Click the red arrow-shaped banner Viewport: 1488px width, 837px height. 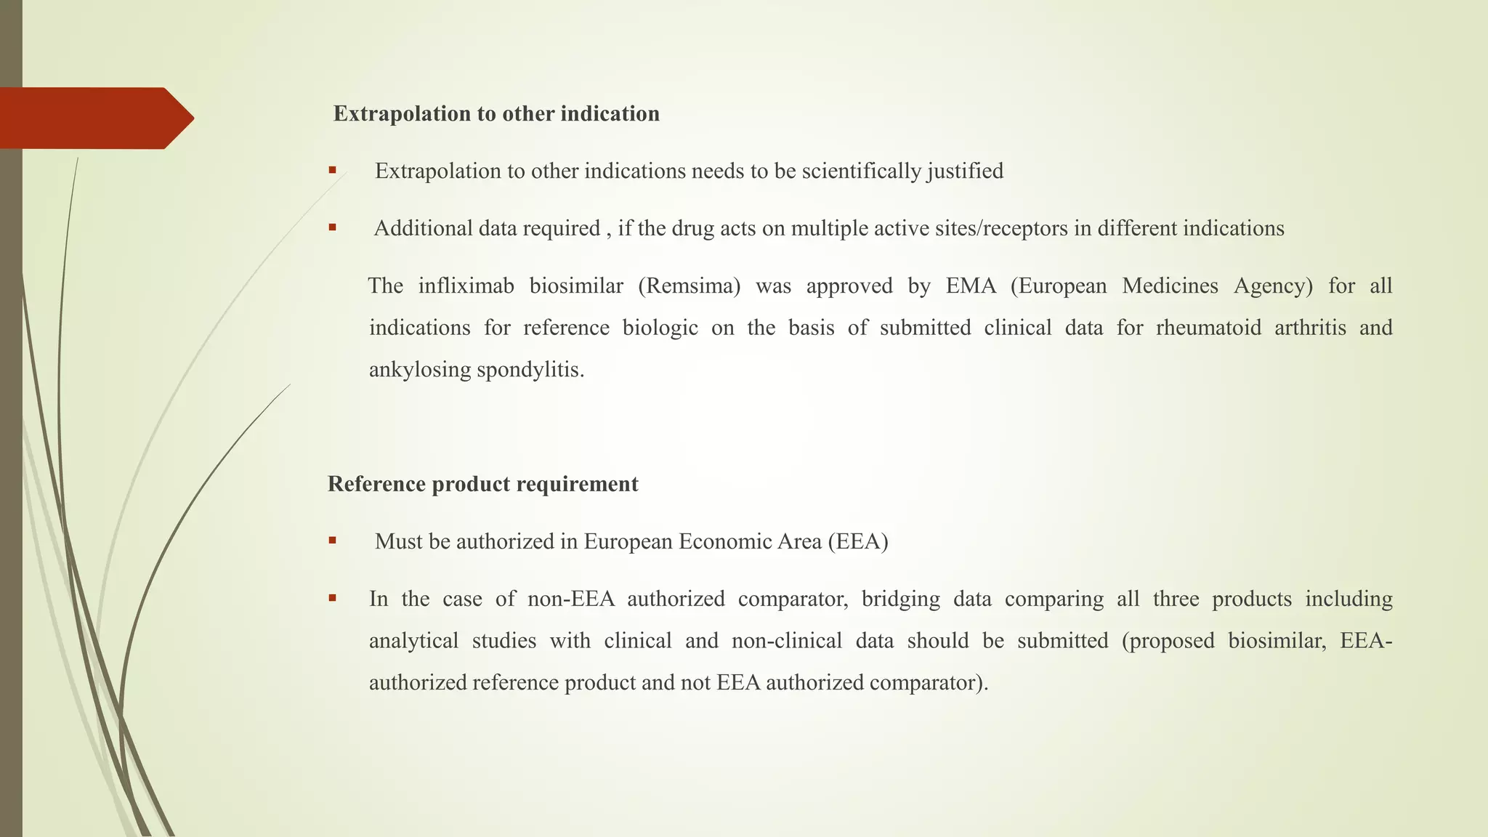coord(94,118)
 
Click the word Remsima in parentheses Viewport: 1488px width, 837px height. coord(689,286)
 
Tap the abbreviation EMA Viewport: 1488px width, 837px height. coord(971,286)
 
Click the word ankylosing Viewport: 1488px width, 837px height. coord(419,370)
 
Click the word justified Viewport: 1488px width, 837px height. coord(965,171)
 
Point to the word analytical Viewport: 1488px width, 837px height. coord(413,641)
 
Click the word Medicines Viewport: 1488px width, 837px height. coord(1170,286)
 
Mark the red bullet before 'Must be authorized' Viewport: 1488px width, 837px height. coord(332,541)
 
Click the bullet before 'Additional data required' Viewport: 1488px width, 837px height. coord(332,227)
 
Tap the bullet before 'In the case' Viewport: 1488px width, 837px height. coord(332,598)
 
